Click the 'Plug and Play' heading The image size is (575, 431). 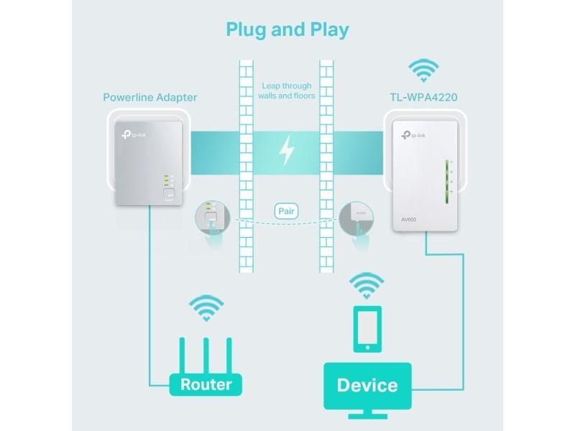pyautogui.click(x=287, y=29)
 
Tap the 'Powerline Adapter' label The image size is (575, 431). pyautogui.click(x=149, y=97)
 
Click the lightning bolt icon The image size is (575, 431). pyautogui.click(x=287, y=151)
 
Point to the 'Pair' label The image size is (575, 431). pyautogui.click(x=287, y=212)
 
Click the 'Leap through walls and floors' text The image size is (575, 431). pyautogui.click(x=287, y=90)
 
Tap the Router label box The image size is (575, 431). pyautogui.click(x=206, y=384)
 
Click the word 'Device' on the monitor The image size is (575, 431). pyautogui.click(x=367, y=385)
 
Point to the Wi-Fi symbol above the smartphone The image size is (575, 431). pyautogui.click(x=367, y=285)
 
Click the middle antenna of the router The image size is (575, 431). pyautogui.click(x=206, y=353)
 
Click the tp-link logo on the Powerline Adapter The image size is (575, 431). pyautogui.click(x=133, y=134)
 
